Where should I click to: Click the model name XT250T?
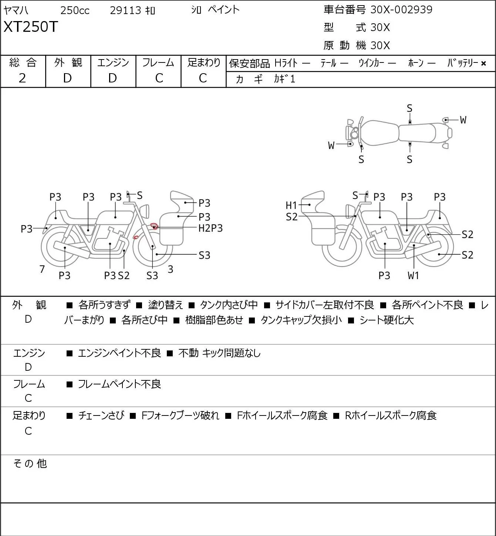(x=31, y=27)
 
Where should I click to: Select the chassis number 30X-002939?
(x=401, y=10)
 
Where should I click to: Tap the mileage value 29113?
(x=125, y=10)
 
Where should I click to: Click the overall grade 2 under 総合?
(x=23, y=78)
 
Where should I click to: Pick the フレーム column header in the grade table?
(x=158, y=62)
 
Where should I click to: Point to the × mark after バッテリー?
(x=483, y=64)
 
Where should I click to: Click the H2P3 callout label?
(x=210, y=228)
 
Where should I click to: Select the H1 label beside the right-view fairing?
(x=291, y=206)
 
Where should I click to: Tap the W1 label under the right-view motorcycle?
(x=414, y=275)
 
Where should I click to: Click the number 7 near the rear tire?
(x=42, y=269)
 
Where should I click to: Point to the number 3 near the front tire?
(x=170, y=269)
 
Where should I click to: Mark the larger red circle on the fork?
(x=154, y=226)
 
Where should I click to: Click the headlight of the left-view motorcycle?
(x=145, y=211)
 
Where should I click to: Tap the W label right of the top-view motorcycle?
(x=463, y=120)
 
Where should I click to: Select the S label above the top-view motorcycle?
(x=409, y=109)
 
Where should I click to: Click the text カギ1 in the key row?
(x=285, y=79)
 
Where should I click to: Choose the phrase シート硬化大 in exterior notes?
(x=386, y=320)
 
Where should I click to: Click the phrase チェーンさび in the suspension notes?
(x=101, y=415)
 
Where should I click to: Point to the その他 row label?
(x=30, y=464)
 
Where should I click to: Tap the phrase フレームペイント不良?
(x=119, y=384)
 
